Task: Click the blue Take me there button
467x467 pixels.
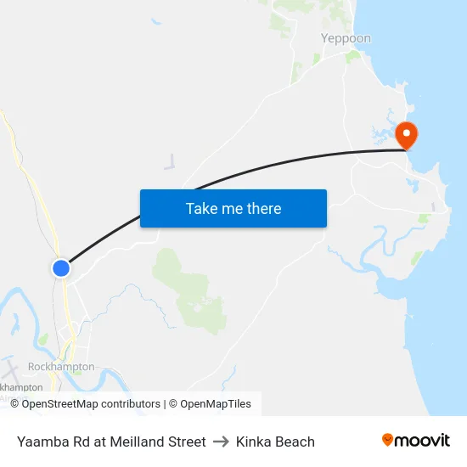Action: click(233, 208)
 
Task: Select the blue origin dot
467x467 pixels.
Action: click(61, 267)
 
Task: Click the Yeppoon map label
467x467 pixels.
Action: click(346, 38)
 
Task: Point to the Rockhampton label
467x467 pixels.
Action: click(60, 366)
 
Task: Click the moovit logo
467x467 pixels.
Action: click(415, 441)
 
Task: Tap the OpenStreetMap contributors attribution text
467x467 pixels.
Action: click(91, 404)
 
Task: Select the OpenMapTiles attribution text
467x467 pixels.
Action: click(216, 404)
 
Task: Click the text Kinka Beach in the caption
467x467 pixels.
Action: click(275, 442)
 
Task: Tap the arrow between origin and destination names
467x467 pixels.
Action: click(221, 442)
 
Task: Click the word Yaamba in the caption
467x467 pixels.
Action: click(40, 442)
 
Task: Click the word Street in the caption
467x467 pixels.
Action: click(186, 442)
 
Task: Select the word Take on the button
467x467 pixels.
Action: click(201, 208)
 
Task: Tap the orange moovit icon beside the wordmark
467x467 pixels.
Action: click(388, 440)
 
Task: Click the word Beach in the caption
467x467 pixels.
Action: click(295, 442)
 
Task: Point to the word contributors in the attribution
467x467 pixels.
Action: click(130, 404)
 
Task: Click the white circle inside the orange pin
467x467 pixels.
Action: click(407, 132)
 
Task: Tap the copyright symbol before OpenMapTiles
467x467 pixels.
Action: click(173, 404)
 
